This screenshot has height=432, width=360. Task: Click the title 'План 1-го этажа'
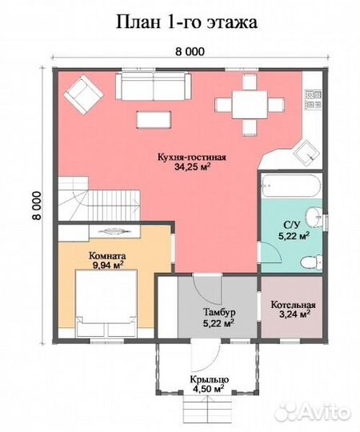click(186, 22)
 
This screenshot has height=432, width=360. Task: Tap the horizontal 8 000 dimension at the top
click(190, 51)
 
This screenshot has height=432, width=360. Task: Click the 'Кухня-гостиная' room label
click(191, 158)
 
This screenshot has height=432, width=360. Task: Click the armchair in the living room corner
click(84, 94)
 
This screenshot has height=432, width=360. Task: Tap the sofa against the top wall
click(154, 86)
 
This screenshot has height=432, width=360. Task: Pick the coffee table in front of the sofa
click(154, 119)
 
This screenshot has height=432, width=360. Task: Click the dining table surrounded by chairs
click(250, 105)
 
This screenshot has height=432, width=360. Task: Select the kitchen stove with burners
click(314, 99)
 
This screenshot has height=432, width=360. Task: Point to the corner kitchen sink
click(307, 153)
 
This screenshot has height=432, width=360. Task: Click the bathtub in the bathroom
click(290, 186)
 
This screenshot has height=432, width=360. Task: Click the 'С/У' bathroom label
click(291, 225)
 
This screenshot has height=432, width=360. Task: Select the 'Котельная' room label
click(294, 305)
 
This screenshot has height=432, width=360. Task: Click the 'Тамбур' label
click(219, 313)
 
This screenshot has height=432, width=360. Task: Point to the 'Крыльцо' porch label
click(210, 379)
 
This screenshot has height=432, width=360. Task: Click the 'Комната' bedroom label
click(107, 256)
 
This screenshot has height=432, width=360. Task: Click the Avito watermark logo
click(313, 412)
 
